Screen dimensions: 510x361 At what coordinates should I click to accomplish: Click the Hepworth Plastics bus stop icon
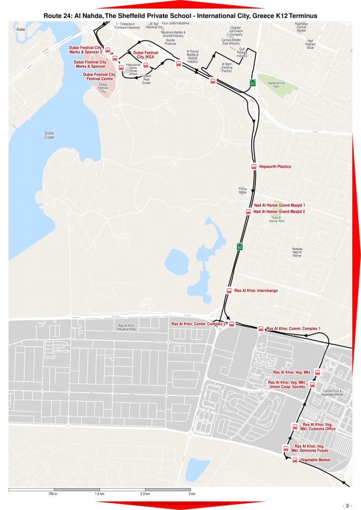(253, 167)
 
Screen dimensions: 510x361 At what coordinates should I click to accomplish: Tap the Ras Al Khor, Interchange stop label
(256, 290)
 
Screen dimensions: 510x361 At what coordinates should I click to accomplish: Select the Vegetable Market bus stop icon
(295, 460)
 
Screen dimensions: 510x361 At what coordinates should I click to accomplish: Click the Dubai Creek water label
(49, 135)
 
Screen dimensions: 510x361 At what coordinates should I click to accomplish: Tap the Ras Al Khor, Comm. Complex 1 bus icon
(260, 329)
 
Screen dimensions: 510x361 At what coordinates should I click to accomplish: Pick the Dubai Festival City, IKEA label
(146, 55)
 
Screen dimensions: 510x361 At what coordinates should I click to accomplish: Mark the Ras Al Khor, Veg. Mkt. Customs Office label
(318, 426)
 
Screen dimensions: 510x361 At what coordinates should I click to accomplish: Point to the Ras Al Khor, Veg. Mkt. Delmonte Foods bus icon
(286, 448)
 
